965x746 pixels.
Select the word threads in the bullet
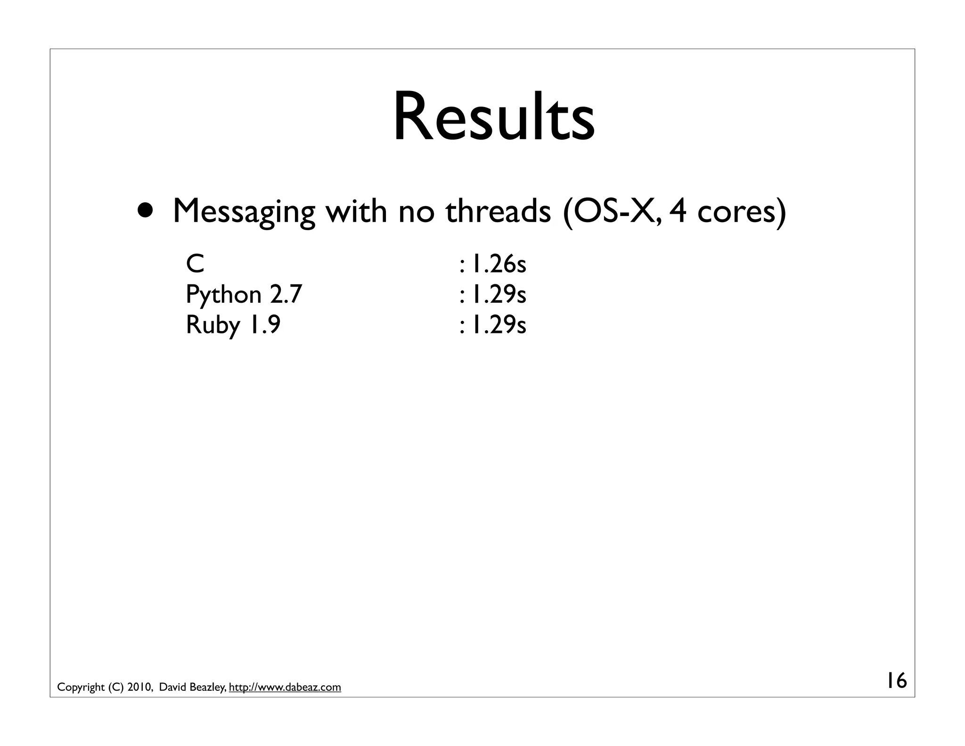click(498, 211)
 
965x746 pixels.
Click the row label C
click(195, 264)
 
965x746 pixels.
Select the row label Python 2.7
click(244, 295)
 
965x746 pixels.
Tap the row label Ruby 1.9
click(233, 325)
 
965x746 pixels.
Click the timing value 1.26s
click(499, 264)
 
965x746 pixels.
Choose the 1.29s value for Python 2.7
click(499, 295)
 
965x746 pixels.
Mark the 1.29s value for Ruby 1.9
click(499, 325)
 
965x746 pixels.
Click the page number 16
click(897, 681)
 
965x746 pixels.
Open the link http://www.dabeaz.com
click(285, 688)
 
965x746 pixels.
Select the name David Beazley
click(193, 688)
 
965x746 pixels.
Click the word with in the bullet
click(356, 211)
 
